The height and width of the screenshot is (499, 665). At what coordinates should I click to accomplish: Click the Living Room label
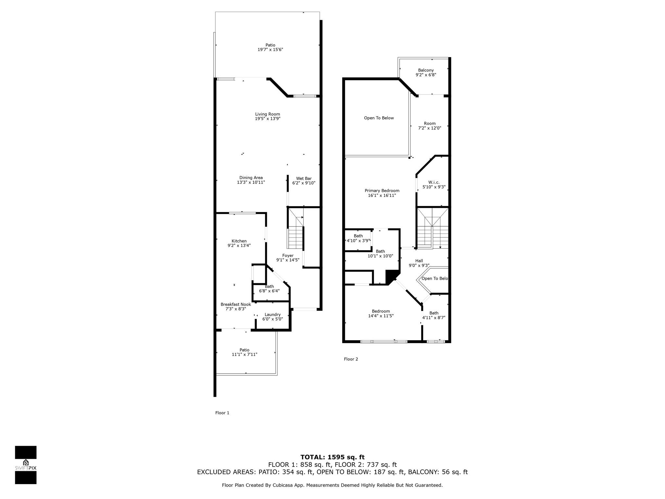coord(268,114)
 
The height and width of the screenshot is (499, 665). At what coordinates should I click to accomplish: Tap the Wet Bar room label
coord(304,178)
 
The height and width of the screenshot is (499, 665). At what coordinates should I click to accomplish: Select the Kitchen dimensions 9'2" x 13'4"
coord(239,246)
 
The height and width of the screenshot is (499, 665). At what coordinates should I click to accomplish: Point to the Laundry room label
coord(272,314)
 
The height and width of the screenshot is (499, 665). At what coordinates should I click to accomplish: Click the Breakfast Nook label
coord(236,304)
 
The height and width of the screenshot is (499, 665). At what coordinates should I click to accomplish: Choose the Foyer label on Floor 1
coord(288,256)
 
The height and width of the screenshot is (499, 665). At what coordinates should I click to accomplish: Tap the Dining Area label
coord(251,178)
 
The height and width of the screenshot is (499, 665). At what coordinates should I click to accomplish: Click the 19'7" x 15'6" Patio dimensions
coord(268,50)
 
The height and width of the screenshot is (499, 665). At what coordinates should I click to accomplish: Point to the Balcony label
coord(426,70)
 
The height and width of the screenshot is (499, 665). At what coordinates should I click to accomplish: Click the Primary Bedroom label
coord(382,191)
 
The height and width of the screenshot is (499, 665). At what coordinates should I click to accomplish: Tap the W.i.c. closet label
coord(434,182)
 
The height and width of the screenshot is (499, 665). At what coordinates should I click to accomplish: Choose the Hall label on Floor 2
coord(419,261)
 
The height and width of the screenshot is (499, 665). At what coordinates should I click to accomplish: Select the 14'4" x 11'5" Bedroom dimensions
coord(381,316)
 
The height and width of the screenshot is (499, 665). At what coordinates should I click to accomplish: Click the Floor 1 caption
coord(222,413)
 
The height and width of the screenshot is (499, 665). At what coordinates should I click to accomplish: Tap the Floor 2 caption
coord(351,359)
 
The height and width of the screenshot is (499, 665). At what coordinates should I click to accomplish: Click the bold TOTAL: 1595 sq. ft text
coord(332,457)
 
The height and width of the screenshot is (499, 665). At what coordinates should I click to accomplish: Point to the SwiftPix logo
coord(26,465)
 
